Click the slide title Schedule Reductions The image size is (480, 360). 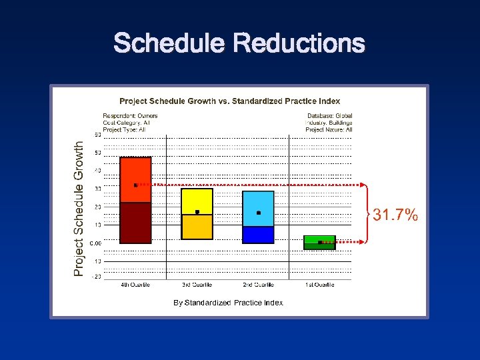239,44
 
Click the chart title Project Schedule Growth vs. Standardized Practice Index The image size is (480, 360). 229,101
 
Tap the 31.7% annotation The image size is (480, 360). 395,215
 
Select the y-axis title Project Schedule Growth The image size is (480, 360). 79,207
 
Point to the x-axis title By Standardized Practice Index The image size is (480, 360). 228,303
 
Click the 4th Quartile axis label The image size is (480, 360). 135,285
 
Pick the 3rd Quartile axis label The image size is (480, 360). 197,285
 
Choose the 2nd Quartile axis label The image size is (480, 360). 258,285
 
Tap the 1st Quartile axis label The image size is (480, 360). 319,285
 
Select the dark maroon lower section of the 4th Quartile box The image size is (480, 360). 135,223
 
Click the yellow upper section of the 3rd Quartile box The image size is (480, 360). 197,200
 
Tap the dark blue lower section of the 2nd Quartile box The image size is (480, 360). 258,235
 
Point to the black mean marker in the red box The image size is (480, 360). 135,185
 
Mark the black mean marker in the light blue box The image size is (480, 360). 258,213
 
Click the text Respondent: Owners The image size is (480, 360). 130,116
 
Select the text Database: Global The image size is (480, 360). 329,116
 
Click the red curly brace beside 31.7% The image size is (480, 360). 366,213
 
